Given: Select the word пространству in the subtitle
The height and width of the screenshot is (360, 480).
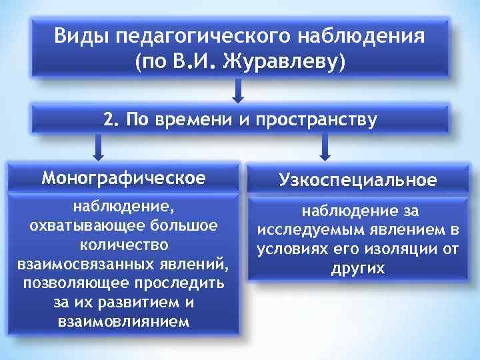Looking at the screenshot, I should click(316, 120).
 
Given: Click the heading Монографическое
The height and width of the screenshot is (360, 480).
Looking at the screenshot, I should click(122, 179).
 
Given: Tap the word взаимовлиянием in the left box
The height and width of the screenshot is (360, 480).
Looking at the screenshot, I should click(123, 321).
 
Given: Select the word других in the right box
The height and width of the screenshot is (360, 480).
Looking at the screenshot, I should click(358, 268).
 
